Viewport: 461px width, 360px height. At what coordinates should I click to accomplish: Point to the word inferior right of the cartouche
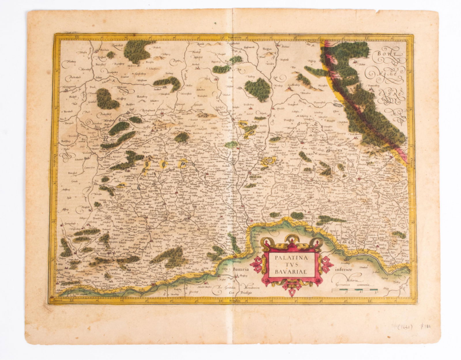pos(344,270)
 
